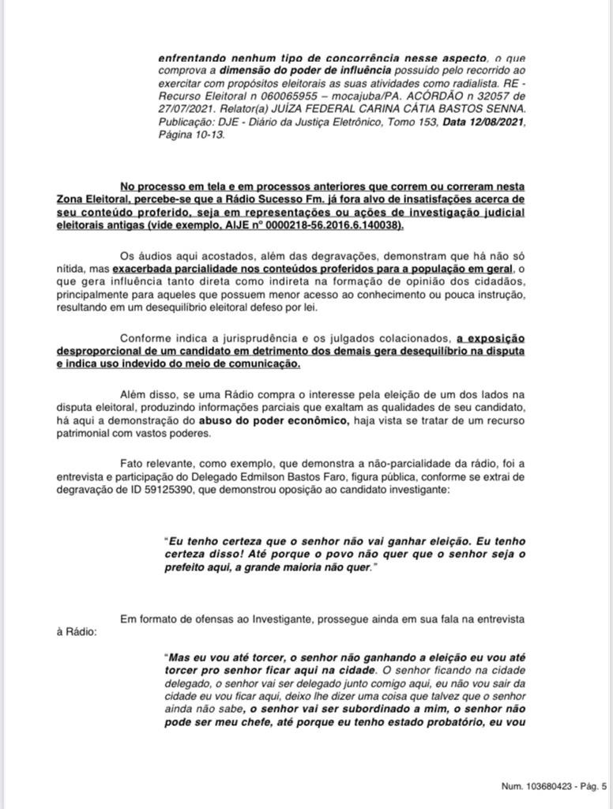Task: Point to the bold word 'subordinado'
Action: point(355,709)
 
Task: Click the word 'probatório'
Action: point(467,721)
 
